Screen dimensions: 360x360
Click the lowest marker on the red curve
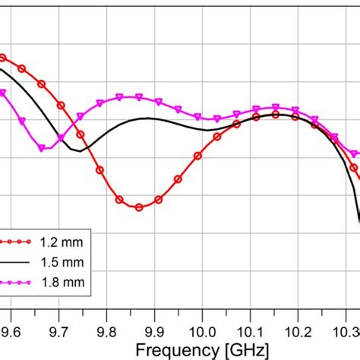138,207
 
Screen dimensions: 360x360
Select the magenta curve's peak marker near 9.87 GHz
138,96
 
